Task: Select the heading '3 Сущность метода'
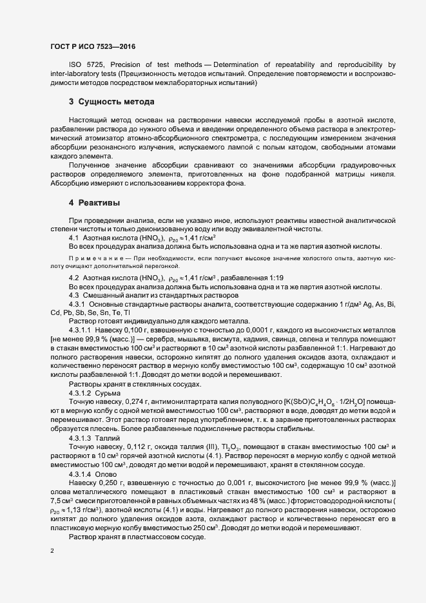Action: (111, 102)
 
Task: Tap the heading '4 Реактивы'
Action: (95, 203)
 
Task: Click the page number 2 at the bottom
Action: (52, 551)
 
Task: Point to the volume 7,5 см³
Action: (61, 501)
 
